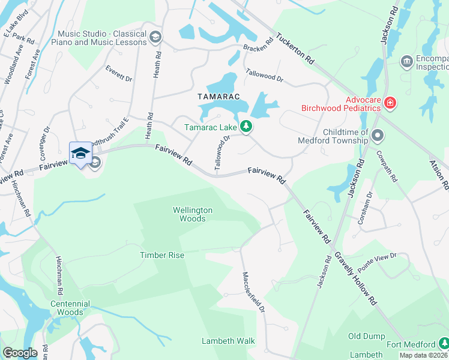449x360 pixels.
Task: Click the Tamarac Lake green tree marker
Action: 245,126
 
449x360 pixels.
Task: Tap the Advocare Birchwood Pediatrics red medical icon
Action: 390,103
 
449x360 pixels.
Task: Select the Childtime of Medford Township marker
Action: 378,136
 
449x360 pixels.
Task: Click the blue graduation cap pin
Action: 80,154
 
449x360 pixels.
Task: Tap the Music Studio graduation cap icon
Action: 155,38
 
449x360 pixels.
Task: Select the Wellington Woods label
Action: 193,214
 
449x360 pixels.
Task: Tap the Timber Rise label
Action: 162,255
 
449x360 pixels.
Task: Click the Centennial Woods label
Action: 70,308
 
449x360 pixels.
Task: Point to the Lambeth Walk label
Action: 228,341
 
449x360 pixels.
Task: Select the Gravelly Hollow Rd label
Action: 355,277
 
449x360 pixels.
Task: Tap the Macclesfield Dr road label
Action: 254,292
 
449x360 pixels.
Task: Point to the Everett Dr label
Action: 118,73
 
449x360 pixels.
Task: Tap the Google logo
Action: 20,353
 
